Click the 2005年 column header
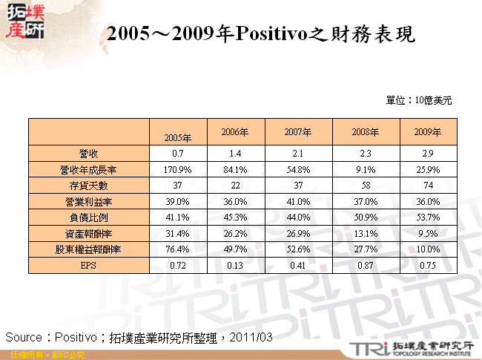178,137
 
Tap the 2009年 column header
427,132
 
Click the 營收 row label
88,153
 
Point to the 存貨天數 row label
88,186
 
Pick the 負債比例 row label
88,217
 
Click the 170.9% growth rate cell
178,169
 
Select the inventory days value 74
427,186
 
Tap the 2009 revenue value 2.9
427,153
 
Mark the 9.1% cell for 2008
366,169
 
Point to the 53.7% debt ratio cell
427,217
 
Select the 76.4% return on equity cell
178,249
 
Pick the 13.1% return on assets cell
366,234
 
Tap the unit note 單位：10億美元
419,99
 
